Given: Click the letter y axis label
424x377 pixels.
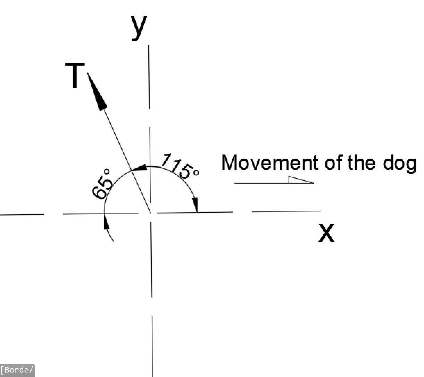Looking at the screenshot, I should pyautogui.click(x=139, y=28).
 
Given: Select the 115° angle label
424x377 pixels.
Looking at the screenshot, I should pyautogui.click(x=181, y=166).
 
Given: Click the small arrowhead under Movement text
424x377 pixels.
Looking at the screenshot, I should pyautogui.click(x=301, y=180).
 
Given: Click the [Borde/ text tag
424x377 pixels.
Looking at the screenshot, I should pyautogui.click(x=18, y=370).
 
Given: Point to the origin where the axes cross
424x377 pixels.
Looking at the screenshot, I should pyautogui.click(x=151, y=213).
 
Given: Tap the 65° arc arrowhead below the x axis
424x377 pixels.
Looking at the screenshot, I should pyautogui.click(x=106, y=222).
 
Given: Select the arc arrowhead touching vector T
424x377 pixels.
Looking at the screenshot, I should pyautogui.click(x=139, y=168).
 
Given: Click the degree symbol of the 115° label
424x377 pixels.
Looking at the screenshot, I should pyautogui.click(x=196, y=172).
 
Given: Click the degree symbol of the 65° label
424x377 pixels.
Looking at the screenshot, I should pyautogui.click(x=107, y=171).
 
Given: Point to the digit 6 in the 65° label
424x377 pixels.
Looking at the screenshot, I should pyautogui.click(x=99, y=193).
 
